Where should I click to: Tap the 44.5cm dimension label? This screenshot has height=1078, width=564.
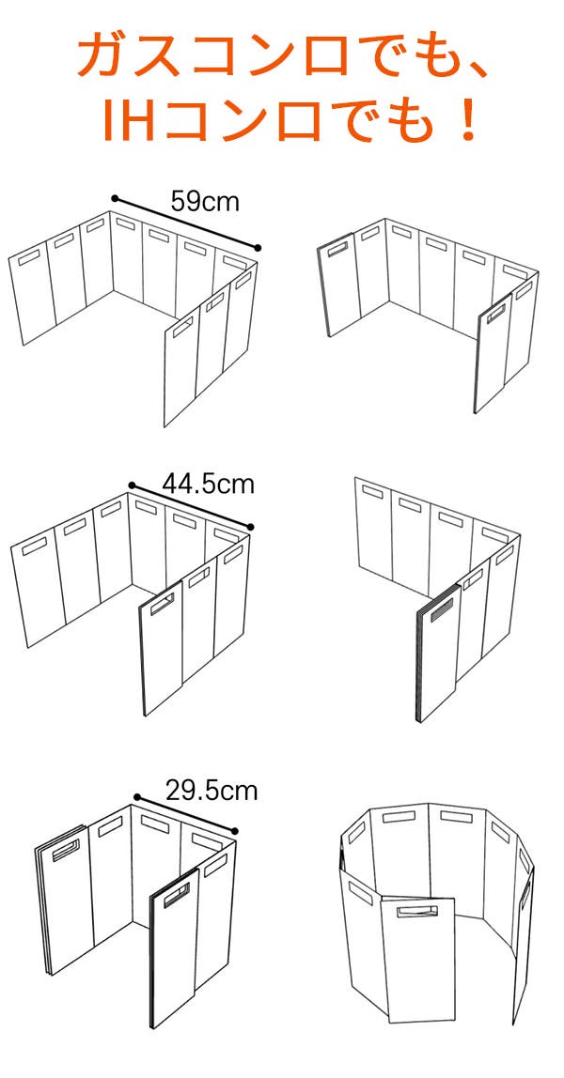[209, 484]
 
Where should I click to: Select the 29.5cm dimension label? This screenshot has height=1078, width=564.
[211, 791]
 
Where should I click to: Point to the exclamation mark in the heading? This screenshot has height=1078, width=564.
[469, 119]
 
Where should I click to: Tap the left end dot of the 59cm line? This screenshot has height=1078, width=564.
[115, 199]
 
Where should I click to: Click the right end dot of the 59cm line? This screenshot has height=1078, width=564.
[258, 248]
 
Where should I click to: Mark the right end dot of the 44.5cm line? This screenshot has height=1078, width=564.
[250, 528]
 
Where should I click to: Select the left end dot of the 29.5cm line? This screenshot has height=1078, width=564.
[137, 797]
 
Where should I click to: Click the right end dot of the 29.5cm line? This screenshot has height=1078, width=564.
[234, 831]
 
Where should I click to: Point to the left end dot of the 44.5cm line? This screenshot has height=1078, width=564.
[132, 485]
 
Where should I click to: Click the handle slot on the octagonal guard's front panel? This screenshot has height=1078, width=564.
[417, 912]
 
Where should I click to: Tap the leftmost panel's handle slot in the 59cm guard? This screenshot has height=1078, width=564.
[29, 258]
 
